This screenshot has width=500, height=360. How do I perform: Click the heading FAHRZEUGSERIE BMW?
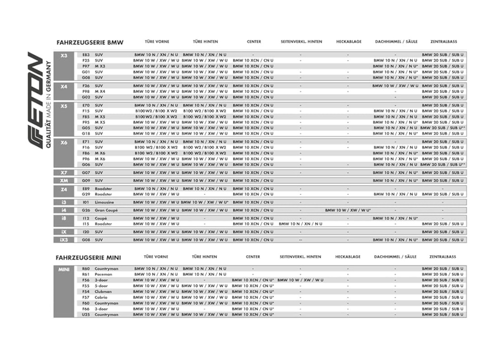pyautogui.click(x=90, y=42)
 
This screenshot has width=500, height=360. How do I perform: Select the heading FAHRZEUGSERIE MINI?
pyautogui.click(x=88, y=257)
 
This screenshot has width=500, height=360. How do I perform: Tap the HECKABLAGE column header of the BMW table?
pyautogui.click(x=349, y=42)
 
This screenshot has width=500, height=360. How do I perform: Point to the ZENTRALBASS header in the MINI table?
pyautogui.click(x=442, y=257)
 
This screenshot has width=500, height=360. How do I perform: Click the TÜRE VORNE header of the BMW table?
pyautogui.click(x=157, y=42)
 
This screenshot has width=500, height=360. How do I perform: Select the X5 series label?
pyautogui.click(x=64, y=106)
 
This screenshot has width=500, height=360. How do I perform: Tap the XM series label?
pyautogui.click(x=64, y=180)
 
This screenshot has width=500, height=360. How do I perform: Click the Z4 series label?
pyautogui.click(x=64, y=189)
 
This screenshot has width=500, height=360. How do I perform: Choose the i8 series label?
pyautogui.click(x=64, y=218)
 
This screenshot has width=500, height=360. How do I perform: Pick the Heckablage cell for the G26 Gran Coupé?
pyautogui.click(x=348, y=210)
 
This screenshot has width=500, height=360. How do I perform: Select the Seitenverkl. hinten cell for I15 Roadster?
pyautogui.click(x=301, y=224)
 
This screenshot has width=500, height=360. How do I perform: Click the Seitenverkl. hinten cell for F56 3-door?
pyautogui.click(x=301, y=280)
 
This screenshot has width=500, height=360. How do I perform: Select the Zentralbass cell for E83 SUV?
pyautogui.click(x=443, y=55)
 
